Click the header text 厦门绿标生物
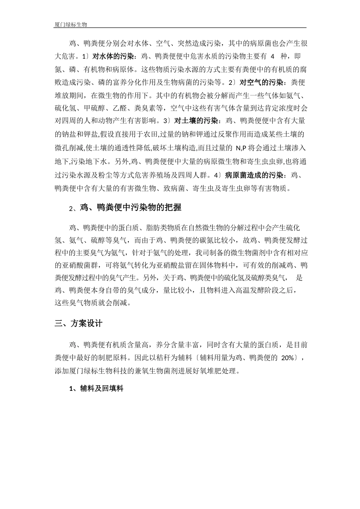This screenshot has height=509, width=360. (71, 25)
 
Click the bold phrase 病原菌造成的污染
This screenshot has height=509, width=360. (254, 175)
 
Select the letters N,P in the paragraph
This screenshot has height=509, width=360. (241, 148)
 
